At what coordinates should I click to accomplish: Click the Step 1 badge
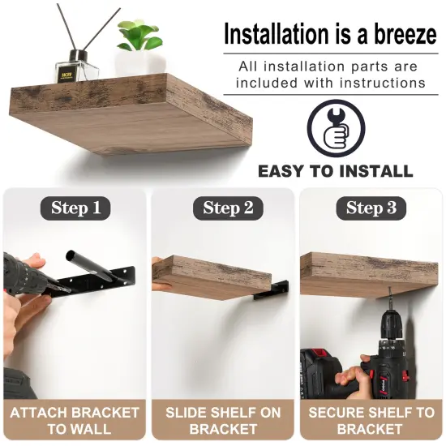(x=75, y=208)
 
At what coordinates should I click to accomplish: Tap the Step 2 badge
(x=222, y=208)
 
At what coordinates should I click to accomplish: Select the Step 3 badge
(x=371, y=208)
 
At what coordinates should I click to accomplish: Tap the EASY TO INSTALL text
(x=335, y=171)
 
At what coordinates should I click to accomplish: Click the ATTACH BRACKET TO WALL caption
(x=75, y=420)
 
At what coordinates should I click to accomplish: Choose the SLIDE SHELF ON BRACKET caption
(x=223, y=420)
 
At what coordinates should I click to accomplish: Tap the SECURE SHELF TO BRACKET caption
(x=371, y=420)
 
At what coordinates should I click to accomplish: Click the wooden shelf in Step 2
(x=213, y=273)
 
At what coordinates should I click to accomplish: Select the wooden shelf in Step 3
(x=369, y=272)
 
